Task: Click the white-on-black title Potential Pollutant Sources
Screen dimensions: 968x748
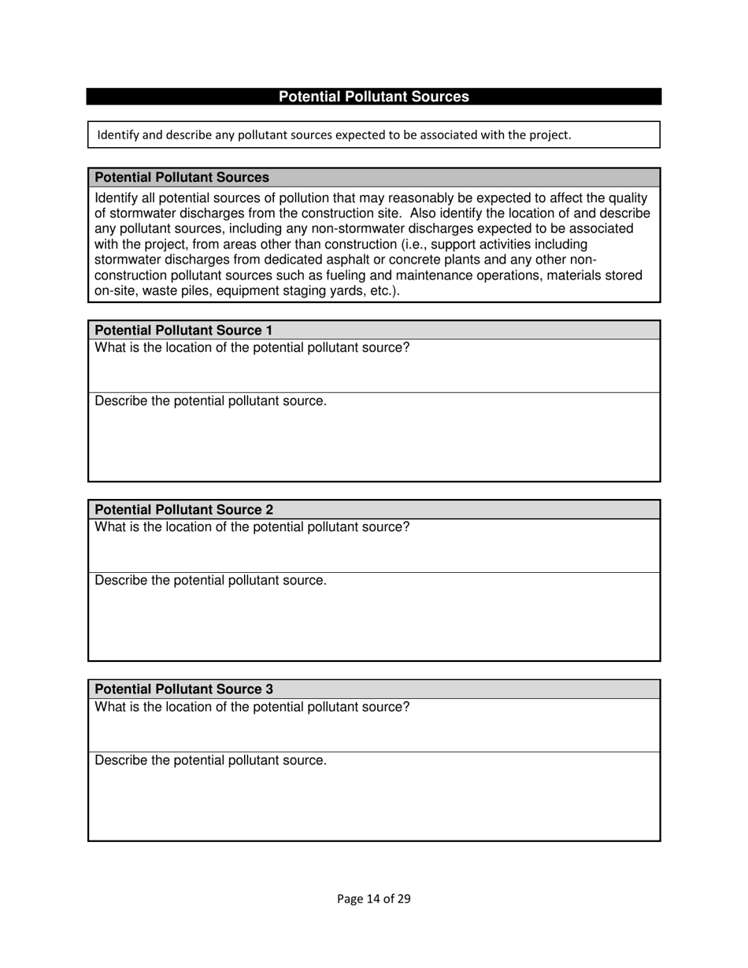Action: [x=373, y=97]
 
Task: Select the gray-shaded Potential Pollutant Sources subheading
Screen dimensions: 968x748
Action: [x=182, y=178]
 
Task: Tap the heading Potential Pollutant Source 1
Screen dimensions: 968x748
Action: [x=183, y=331]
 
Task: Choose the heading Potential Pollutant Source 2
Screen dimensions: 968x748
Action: [x=183, y=510]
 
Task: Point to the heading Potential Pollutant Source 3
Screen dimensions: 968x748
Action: [x=183, y=689]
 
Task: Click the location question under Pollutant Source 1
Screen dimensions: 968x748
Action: [x=252, y=348]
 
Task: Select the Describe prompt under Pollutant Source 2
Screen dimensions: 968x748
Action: [x=210, y=581]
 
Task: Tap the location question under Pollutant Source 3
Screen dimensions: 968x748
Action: [x=252, y=707]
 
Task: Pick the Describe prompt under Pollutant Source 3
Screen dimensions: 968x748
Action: [x=210, y=760]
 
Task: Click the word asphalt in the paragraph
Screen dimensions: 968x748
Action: [x=343, y=260]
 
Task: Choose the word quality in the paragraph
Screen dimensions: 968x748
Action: [x=625, y=198]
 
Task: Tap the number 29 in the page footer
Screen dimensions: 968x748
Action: [x=403, y=899]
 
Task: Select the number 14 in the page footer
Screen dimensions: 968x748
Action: [x=373, y=899]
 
